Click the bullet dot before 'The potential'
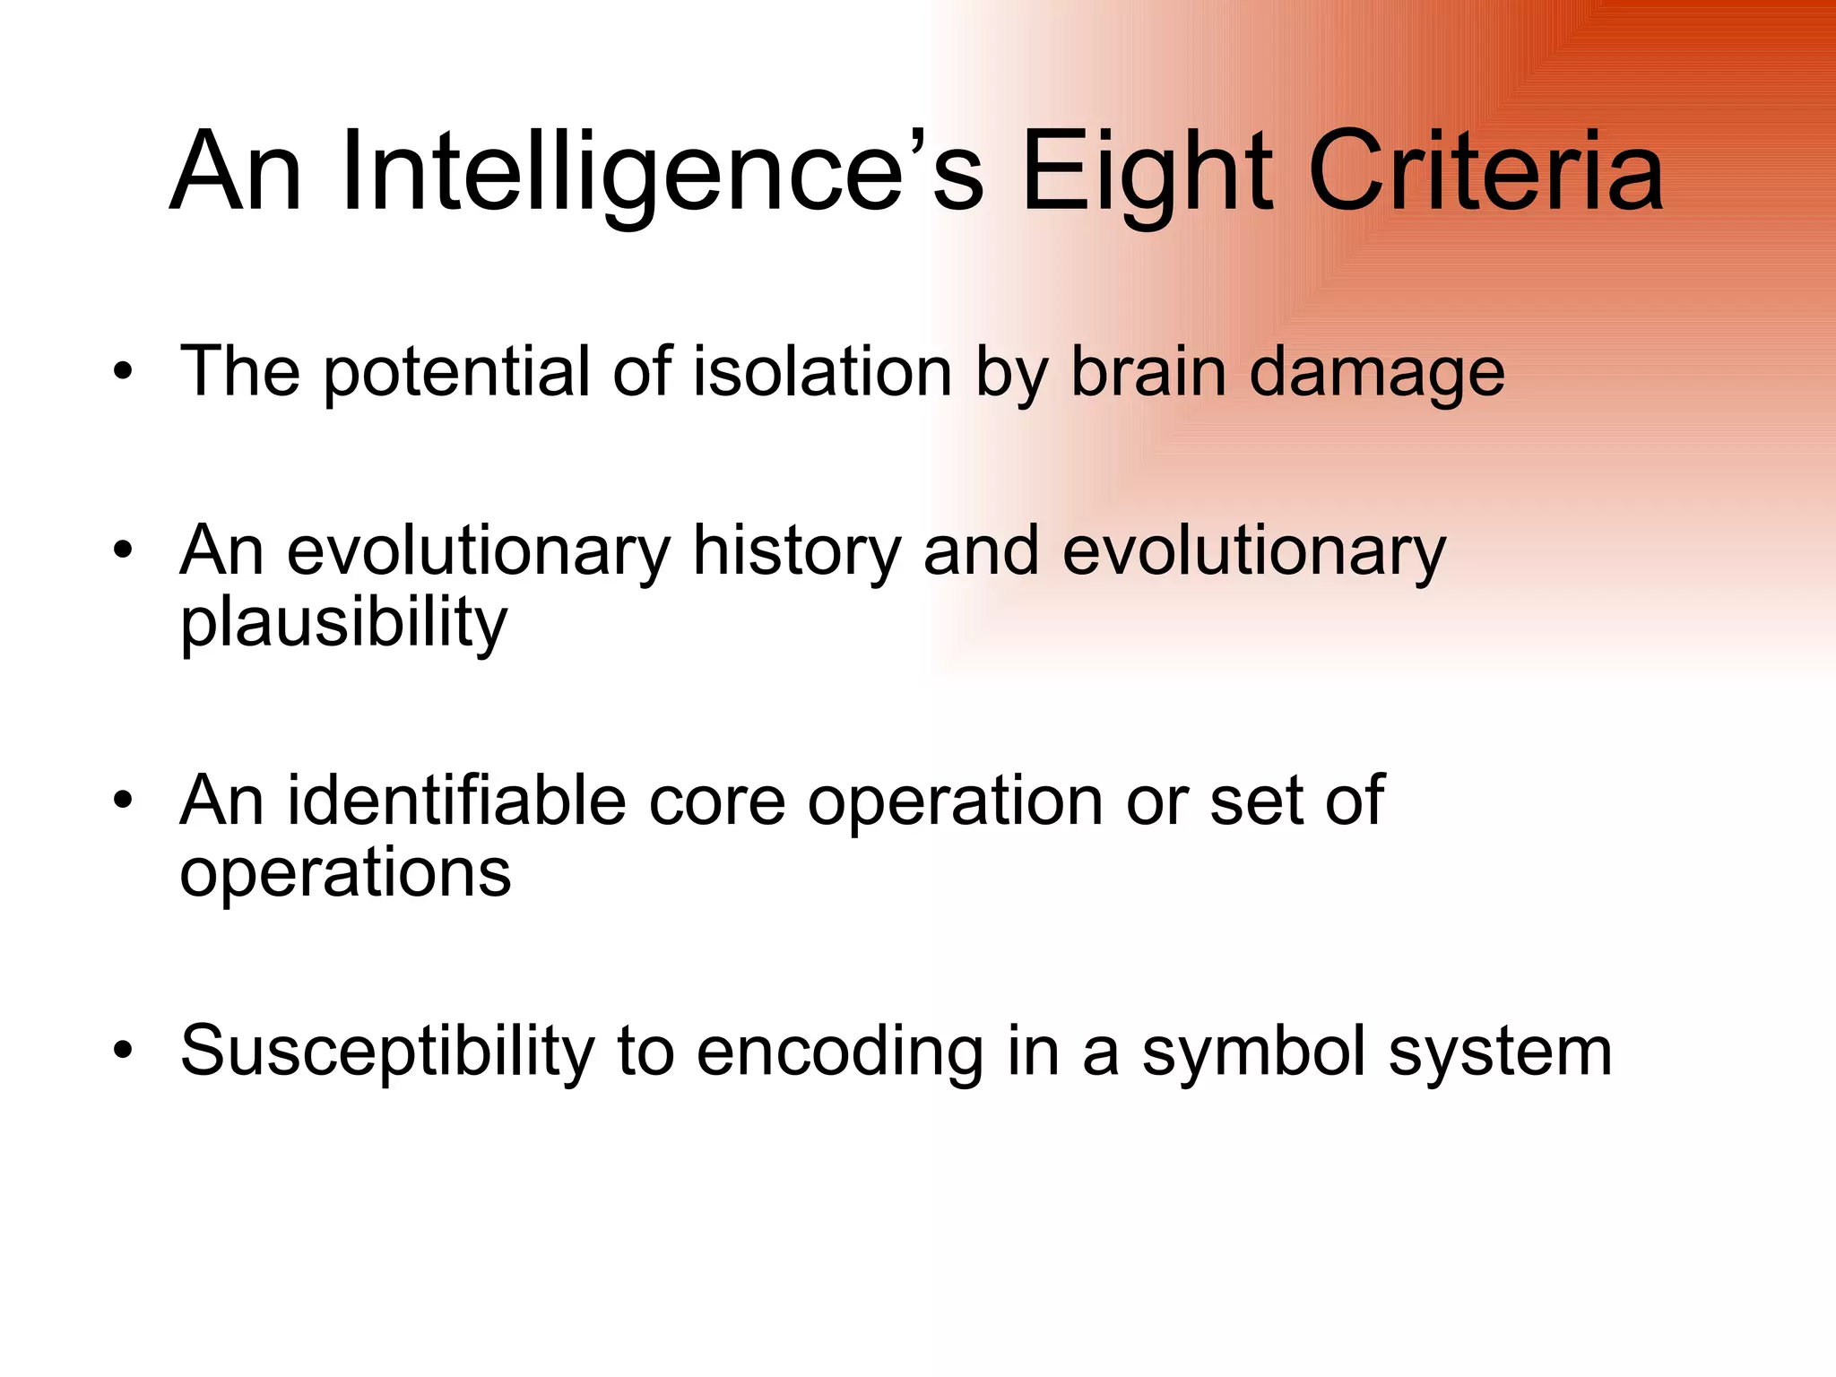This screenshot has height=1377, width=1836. [123, 371]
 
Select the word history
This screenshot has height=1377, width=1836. [796, 550]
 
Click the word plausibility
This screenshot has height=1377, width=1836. [343, 624]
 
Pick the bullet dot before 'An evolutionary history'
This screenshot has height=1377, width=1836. [123, 550]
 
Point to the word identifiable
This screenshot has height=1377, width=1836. [455, 800]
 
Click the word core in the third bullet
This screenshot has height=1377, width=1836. [716, 801]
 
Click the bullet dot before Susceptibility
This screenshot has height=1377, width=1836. [123, 1050]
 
